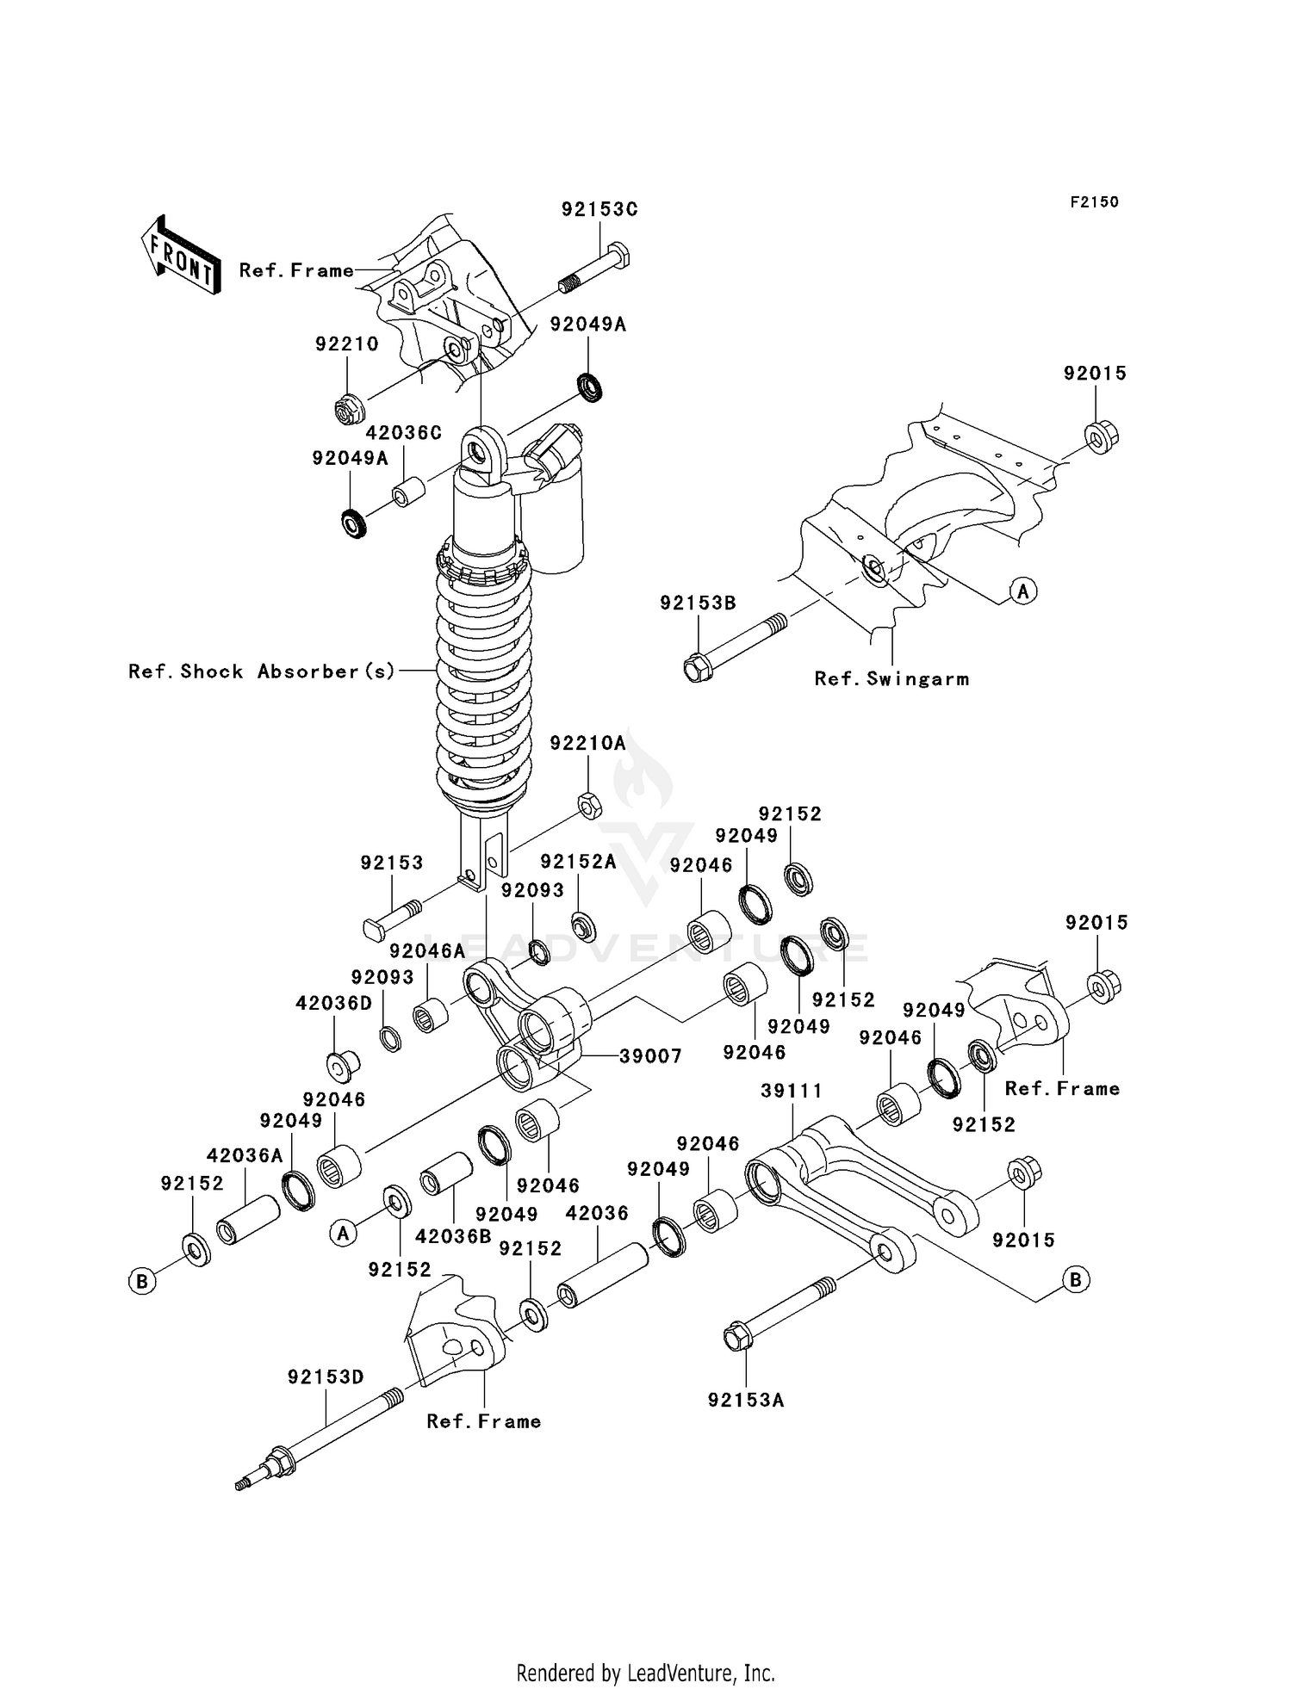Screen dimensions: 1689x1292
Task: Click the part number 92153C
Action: click(599, 209)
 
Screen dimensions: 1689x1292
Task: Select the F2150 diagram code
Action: click(1094, 202)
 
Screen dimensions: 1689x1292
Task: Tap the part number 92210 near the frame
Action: click(346, 344)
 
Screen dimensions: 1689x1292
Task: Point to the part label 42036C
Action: click(404, 432)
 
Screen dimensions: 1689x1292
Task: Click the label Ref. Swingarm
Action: click(891, 679)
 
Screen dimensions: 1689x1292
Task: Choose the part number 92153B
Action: click(698, 603)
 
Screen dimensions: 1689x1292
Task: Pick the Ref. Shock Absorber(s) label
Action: click(261, 671)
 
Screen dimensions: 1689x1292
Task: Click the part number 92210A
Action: click(587, 743)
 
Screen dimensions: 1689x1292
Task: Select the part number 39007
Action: click(650, 1056)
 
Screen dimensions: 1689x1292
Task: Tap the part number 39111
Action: click(792, 1091)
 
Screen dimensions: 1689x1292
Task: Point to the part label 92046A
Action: click(426, 951)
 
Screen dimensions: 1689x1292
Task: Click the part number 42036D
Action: click(333, 1004)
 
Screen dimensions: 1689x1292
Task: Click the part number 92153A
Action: click(746, 1401)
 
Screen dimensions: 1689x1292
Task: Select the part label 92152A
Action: click(578, 862)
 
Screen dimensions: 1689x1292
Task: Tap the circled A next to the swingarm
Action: click(1023, 591)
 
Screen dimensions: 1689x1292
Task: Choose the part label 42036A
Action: click(245, 1156)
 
